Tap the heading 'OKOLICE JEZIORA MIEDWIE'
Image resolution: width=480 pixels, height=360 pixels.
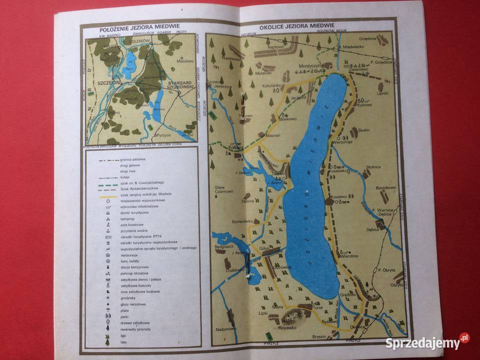(296, 26)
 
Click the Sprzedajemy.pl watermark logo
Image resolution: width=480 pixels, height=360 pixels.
(427, 343)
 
